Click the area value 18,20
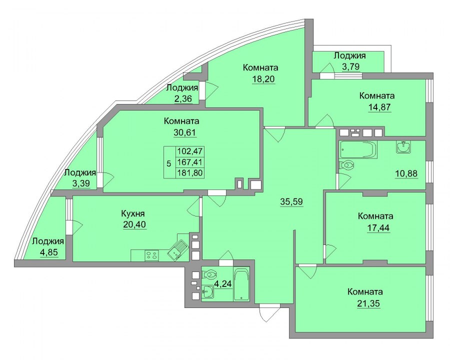point(263,79)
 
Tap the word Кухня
point(132,213)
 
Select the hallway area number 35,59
point(291,201)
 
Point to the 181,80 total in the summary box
point(189,173)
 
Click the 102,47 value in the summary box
point(189,151)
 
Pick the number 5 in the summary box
point(169,163)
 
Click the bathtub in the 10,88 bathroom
point(358,150)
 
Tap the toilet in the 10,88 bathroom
point(346,165)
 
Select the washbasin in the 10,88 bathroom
point(404,146)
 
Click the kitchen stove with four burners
point(152,255)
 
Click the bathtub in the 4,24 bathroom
point(241,284)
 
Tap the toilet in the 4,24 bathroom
point(209,275)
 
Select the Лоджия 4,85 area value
point(49,252)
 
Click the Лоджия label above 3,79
point(349,55)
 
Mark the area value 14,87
point(379,107)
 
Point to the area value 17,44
point(379,228)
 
